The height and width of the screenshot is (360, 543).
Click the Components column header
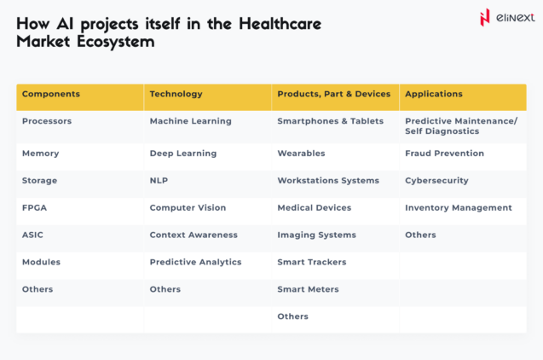point(51,94)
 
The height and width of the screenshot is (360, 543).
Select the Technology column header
point(176,94)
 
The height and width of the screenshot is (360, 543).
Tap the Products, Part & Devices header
point(333,94)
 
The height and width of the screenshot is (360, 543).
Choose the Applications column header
point(434,94)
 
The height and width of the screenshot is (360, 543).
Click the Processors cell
point(47,121)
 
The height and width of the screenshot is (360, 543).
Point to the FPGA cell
point(34,207)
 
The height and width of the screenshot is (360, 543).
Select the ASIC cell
point(33,235)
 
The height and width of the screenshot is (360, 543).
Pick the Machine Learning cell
point(190,121)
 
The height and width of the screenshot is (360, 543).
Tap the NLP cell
point(159,181)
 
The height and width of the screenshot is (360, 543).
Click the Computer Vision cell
point(188,207)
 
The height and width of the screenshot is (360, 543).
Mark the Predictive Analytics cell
point(195,262)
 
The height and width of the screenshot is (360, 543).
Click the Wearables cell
point(301,154)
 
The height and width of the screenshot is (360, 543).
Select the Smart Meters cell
point(308,289)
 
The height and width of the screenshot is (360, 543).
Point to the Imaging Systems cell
point(316,235)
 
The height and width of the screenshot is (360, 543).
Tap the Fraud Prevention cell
point(444,154)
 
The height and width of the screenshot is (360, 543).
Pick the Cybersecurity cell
point(436,181)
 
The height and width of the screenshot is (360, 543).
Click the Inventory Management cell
point(458,207)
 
